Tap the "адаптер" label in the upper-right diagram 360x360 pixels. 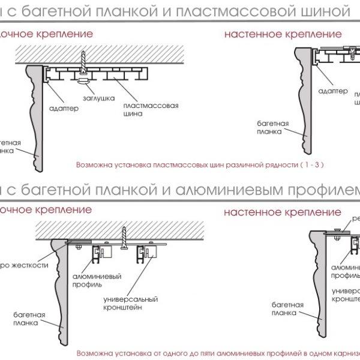pos(332,91)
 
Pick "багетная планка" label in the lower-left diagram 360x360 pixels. pos(27,318)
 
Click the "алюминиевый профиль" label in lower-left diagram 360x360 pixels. pos(97,280)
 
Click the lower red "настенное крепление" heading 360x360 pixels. pos(283,212)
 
